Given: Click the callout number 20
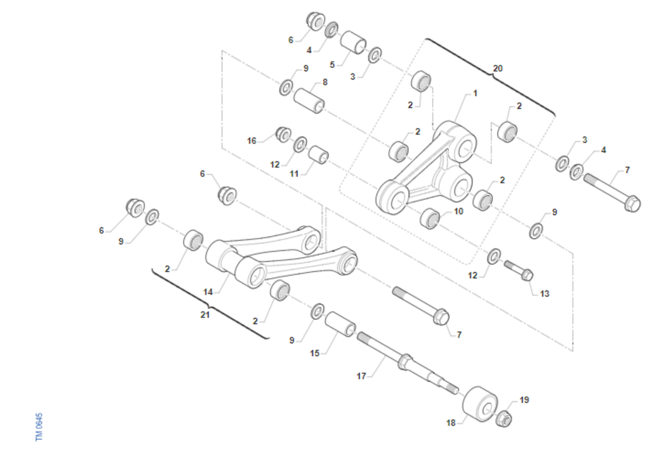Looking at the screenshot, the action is coord(497,69).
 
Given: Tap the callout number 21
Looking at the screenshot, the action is coord(205,315).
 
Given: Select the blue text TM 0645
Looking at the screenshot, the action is coord(39,427).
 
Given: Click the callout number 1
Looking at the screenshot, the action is coord(475,93).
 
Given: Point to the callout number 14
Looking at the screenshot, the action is coord(208,292).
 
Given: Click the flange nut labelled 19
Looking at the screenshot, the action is coord(504,419).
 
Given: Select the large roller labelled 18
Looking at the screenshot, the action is coord(480,404).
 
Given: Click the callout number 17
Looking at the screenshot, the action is coord(361,376).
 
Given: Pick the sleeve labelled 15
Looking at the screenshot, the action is coord(340,324).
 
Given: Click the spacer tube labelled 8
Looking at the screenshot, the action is coord(309,101).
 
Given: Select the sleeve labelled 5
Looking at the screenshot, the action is coord(353,43).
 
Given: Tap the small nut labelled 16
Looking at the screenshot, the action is coord(283,134).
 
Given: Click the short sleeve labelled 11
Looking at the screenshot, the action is coord(318,154).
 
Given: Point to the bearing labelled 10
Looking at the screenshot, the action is coord(430,219).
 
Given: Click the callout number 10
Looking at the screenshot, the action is coord(458,211).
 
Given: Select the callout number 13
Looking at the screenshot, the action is coord(544,294).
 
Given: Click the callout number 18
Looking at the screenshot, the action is coord(450,423).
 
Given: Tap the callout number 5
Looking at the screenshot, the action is coord(333,65).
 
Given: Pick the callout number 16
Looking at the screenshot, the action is coord(251,141).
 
